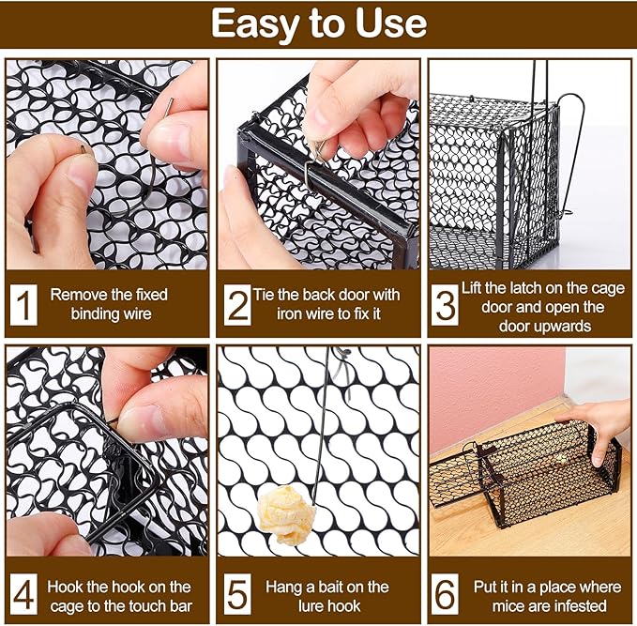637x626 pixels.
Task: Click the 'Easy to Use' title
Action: click(x=318, y=23)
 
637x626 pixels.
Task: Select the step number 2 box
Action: click(x=236, y=305)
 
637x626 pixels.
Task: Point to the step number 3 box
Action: click(x=447, y=305)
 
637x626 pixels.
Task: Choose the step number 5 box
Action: click(x=236, y=595)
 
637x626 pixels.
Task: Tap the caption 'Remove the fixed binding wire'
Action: click(x=117, y=304)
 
